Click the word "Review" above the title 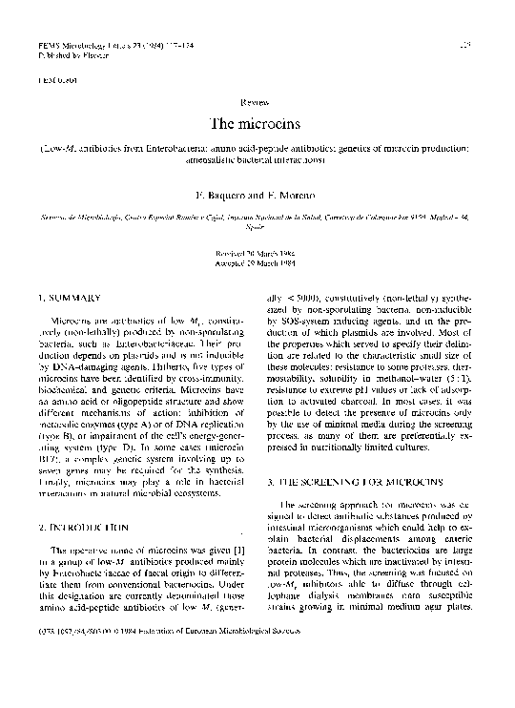pos(257,100)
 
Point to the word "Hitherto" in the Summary pos(145,392)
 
